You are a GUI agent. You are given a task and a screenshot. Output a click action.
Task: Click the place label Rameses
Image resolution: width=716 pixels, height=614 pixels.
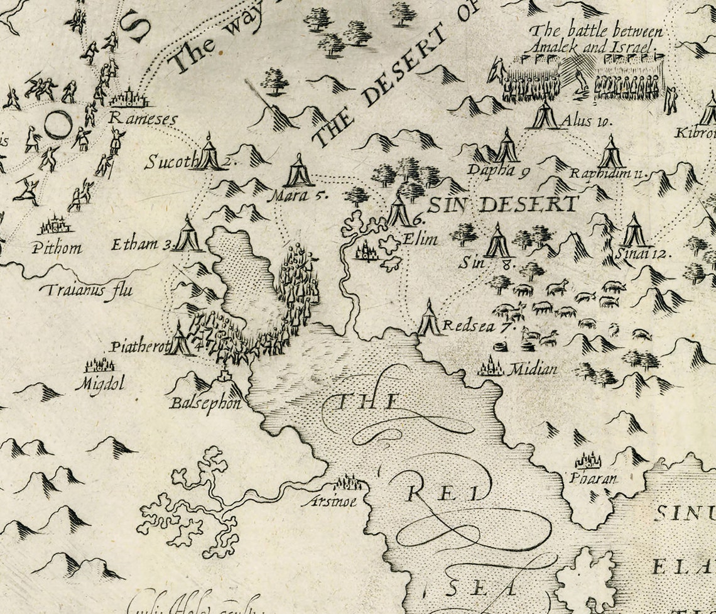[x=143, y=118]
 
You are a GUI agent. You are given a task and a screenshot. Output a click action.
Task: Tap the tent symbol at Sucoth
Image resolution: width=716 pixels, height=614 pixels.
[x=209, y=153]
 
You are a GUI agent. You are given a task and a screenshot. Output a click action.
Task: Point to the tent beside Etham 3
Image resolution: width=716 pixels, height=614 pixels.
[x=187, y=235]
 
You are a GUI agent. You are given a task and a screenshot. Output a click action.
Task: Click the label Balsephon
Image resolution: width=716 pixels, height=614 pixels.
[x=205, y=403]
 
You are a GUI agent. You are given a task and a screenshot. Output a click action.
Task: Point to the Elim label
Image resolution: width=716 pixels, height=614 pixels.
[x=420, y=239]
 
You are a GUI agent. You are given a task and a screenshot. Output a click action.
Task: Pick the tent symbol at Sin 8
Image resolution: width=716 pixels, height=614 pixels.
[x=498, y=242]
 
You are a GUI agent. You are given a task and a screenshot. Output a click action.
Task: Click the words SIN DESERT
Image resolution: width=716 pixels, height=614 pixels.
[x=502, y=204]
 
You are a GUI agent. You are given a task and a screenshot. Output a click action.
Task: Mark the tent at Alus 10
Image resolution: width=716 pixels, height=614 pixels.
[x=543, y=115]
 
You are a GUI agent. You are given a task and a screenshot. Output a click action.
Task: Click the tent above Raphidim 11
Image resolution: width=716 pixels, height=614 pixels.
[x=610, y=153]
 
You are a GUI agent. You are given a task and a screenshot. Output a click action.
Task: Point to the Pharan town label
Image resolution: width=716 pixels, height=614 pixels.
[x=593, y=478]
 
